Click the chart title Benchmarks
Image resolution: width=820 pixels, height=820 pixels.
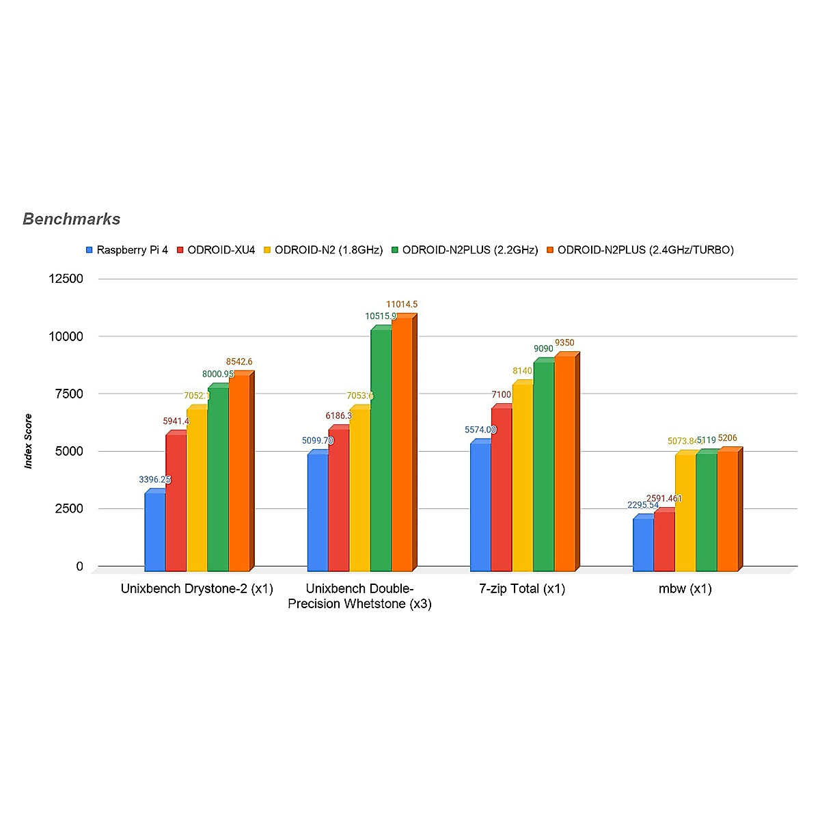(72, 219)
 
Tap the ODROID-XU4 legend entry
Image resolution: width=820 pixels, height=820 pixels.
(221, 250)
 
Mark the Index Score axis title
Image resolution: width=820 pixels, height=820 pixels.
(29, 441)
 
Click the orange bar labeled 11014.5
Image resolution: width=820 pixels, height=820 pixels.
(402, 444)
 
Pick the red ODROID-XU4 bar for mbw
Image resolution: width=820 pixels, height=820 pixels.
(664, 541)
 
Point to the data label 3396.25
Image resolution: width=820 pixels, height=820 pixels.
(154, 480)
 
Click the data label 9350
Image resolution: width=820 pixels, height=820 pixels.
(564, 343)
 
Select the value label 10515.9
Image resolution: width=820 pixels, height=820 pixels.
(381, 316)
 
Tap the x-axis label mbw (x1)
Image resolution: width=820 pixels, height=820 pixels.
(685, 588)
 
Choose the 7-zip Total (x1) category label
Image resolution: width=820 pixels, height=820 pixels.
(523, 588)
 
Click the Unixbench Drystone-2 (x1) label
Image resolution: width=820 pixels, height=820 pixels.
(197, 588)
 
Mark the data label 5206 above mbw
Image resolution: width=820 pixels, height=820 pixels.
(728, 439)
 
